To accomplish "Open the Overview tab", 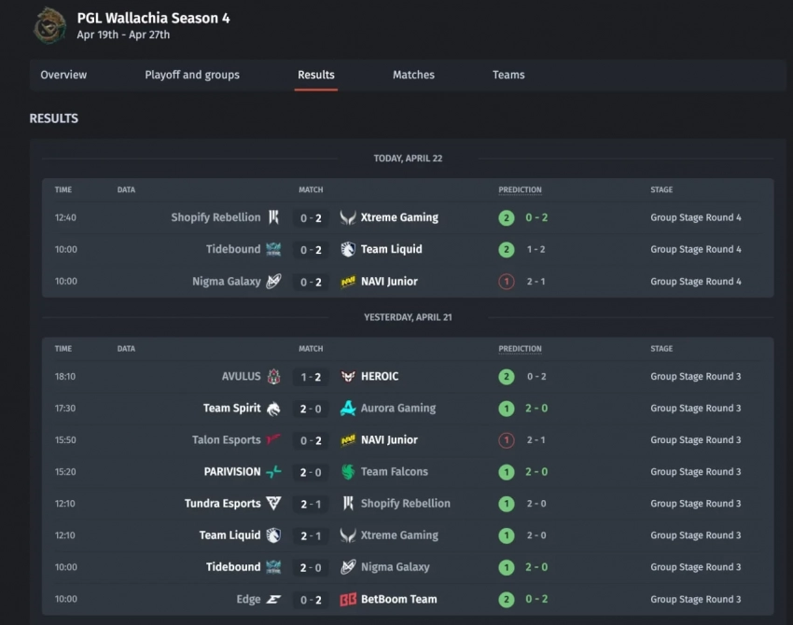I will point(63,75).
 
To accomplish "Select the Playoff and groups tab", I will point(192,75).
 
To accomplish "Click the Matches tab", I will point(413,75).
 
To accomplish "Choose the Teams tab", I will point(508,75).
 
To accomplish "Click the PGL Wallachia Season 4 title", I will point(153,18).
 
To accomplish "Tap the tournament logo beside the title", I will point(49,26).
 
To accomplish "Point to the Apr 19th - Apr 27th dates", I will point(123,35).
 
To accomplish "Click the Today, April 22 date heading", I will point(408,159).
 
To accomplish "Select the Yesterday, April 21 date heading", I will point(408,317).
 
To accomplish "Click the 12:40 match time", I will point(65,218).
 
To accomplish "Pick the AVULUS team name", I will point(241,377).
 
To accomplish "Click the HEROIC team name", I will point(380,377).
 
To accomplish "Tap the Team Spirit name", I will point(231,409).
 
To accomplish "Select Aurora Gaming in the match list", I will point(398,409).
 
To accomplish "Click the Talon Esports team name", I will point(226,440).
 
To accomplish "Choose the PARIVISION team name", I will point(232,472).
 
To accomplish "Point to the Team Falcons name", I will point(395,472).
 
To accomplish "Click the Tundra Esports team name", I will point(222,504).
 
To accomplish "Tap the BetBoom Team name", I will point(398,599).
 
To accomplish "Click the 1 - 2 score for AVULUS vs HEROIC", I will point(311,377).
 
